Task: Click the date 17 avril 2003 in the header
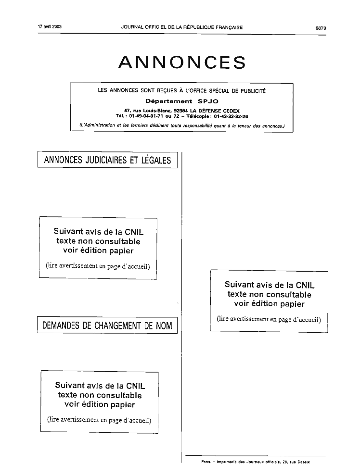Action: (x=50, y=26)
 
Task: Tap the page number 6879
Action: (x=321, y=28)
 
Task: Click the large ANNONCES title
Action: (x=182, y=62)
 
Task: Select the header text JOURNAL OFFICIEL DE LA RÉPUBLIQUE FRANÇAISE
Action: (x=181, y=27)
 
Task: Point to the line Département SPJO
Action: (x=181, y=101)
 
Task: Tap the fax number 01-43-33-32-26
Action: (x=231, y=116)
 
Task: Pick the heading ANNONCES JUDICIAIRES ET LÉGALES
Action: (x=107, y=160)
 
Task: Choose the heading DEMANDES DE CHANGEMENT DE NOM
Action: (x=107, y=326)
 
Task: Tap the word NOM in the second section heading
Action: (x=164, y=326)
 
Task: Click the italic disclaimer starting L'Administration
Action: (x=181, y=125)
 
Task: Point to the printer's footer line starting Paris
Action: (x=255, y=462)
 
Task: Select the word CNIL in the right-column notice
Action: (x=305, y=285)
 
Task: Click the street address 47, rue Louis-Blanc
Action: (x=148, y=111)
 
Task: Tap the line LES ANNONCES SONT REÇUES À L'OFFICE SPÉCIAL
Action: (x=181, y=90)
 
